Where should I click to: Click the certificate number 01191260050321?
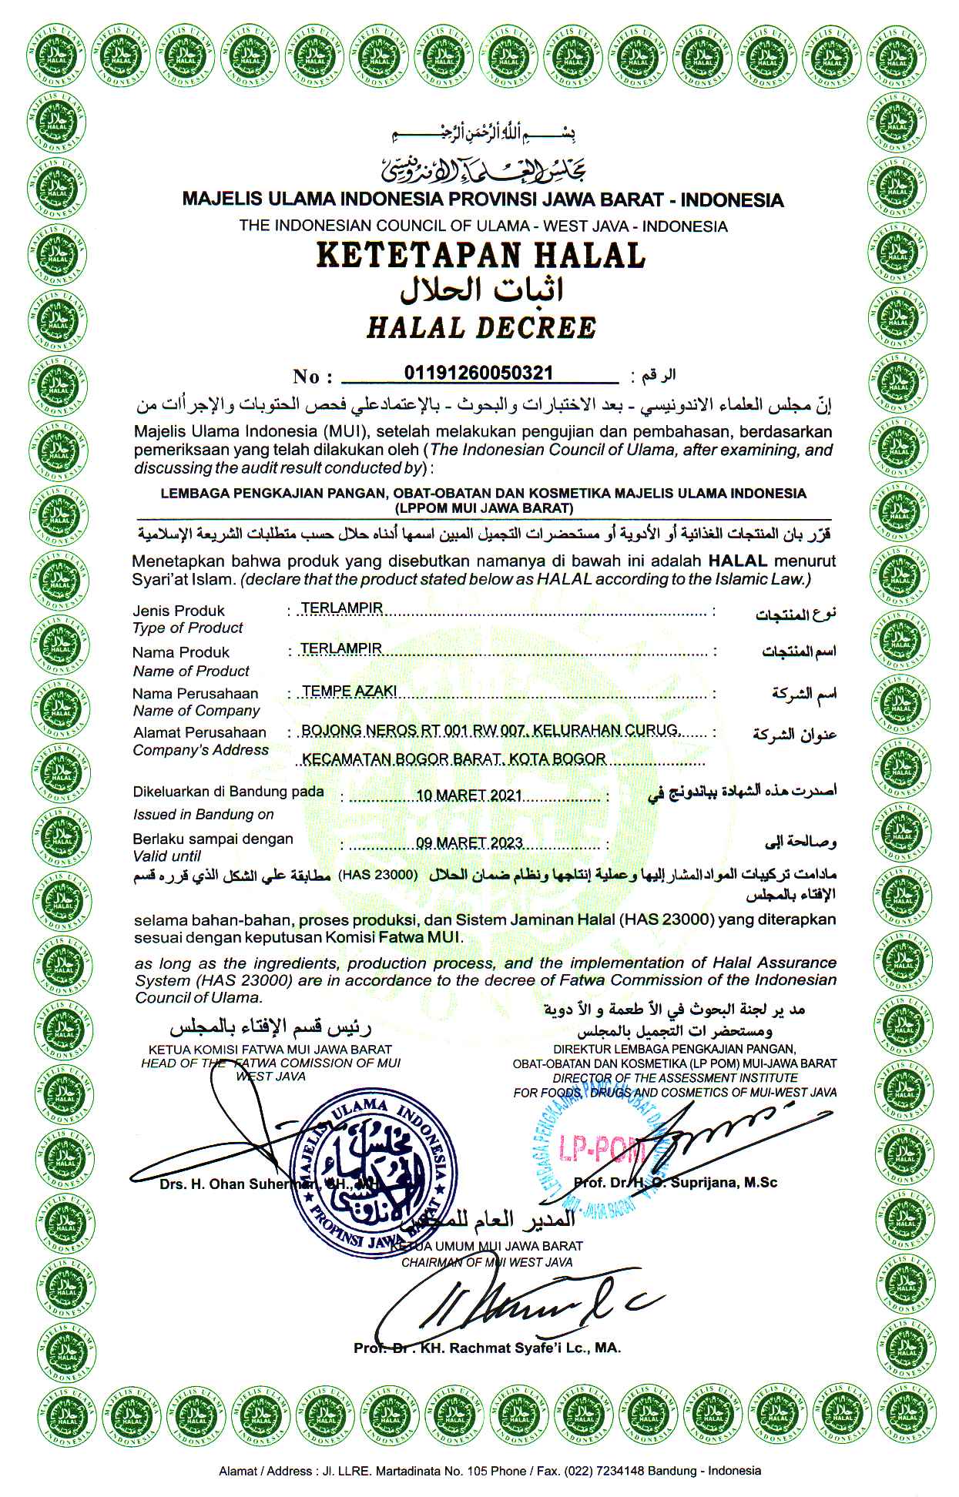coord(478,373)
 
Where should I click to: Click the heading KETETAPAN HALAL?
coord(481,255)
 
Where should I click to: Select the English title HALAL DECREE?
coord(481,328)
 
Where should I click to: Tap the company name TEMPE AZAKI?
coord(349,691)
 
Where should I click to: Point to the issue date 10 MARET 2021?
coord(469,795)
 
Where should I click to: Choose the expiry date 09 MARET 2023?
coord(469,842)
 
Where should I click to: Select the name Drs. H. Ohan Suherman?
coord(235,1184)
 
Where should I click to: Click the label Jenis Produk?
coord(179,611)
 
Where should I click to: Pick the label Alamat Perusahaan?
coord(200,732)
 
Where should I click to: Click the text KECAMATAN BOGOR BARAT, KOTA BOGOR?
coord(454,759)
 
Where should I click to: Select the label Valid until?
coord(166,856)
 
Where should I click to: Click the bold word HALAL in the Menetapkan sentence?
coord(737,561)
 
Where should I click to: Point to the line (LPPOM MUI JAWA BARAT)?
coord(483,508)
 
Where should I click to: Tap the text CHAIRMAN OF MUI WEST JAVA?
coord(487,1262)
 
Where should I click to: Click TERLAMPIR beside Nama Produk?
coord(341,648)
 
